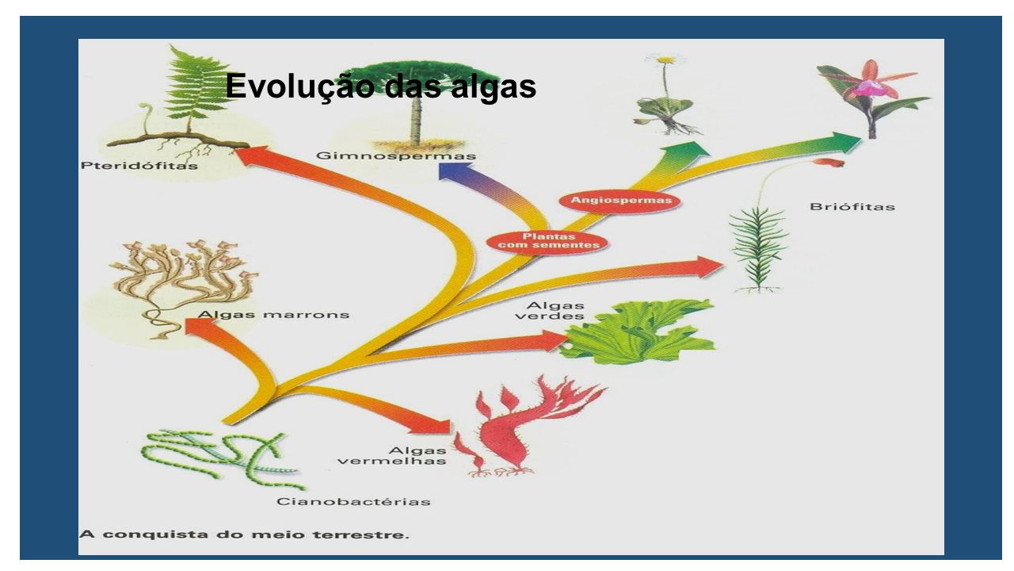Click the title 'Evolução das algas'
coord(381,86)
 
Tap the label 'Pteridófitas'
coord(139,166)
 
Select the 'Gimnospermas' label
coord(396,156)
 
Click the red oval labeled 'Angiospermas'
coord(620,201)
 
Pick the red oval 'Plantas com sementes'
coord(547,240)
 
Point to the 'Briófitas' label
coord(852,207)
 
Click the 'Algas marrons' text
coord(273,315)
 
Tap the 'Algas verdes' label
coord(550,311)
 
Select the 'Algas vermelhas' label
coord(392,455)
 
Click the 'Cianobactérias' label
coord(353,502)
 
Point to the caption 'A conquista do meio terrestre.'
coord(245,535)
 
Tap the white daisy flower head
coord(665,59)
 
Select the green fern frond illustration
coord(194,86)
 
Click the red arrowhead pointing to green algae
coord(555,341)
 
